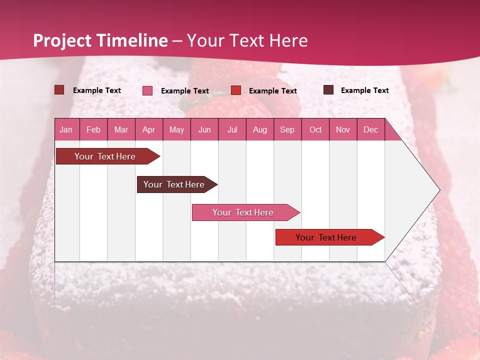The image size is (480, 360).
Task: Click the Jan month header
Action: point(66,129)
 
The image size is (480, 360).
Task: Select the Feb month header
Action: point(93,129)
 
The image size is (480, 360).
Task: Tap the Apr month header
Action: point(148,129)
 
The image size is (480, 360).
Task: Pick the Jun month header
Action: point(204,129)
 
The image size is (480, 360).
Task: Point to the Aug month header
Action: point(259,129)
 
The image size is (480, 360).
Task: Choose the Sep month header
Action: point(287,129)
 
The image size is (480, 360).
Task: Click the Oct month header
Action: point(315,129)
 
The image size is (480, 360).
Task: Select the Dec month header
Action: point(370,129)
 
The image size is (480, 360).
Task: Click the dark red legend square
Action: point(59,90)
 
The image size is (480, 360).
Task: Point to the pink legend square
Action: point(147,90)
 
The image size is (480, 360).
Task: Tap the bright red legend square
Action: point(236,90)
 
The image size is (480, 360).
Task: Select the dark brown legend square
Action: point(328,90)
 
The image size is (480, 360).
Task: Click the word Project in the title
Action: point(62,40)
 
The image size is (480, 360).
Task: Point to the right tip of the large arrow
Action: point(439,190)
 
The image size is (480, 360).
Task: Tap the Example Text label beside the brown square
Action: point(364,90)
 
